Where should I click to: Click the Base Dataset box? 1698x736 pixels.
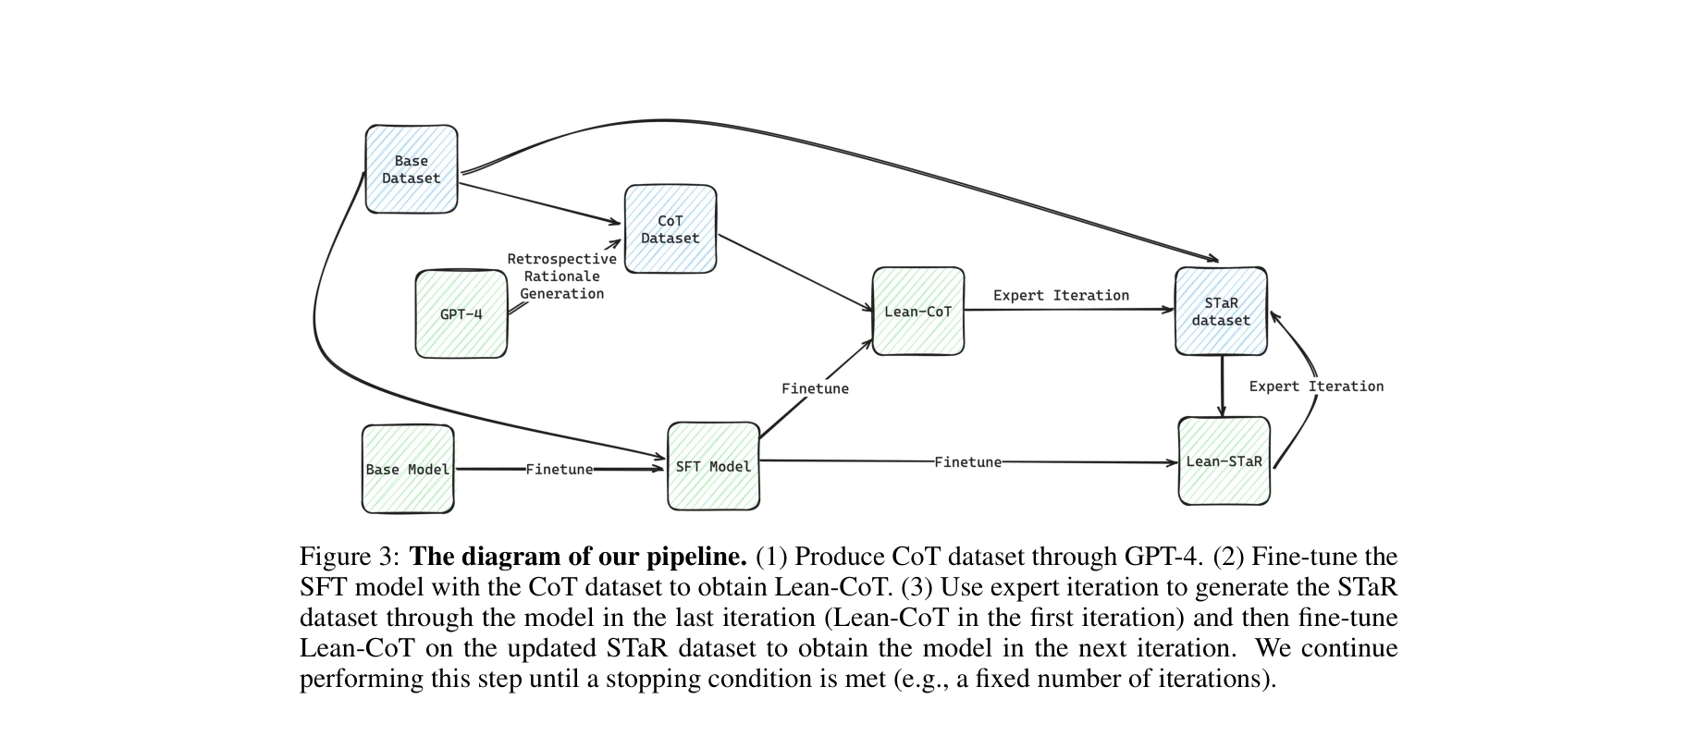[412, 169]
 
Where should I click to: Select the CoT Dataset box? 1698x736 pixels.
[671, 229]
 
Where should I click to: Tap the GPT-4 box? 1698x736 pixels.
[461, 314]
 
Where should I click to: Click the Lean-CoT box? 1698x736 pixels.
[918, 312]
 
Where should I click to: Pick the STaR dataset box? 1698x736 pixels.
[1221, 312]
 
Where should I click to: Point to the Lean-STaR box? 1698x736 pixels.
[1224, 460]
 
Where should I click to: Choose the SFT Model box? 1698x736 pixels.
[713, 466]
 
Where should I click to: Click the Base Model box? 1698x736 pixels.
[408, 469]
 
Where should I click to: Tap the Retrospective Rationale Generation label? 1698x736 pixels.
[561, 276]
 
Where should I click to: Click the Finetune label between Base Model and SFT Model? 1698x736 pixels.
[560, 469]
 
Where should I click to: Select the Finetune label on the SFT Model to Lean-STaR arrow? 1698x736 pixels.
[967, 461]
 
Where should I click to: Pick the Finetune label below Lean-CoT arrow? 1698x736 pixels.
[815, 388]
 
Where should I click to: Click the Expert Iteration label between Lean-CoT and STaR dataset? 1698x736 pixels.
[1061, 295]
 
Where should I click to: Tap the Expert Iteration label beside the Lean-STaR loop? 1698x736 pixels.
[1316, 386]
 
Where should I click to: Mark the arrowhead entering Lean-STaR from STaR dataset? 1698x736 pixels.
[1223, 411]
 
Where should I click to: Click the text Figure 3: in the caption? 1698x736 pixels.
[350, 557]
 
